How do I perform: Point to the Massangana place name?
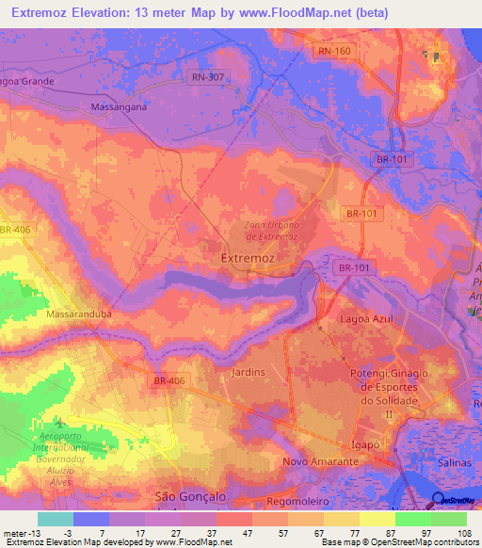click(119, 107)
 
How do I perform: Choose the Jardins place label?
click(248, 373)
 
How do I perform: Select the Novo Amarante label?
click(320, 462)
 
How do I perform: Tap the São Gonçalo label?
click(191, 495)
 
